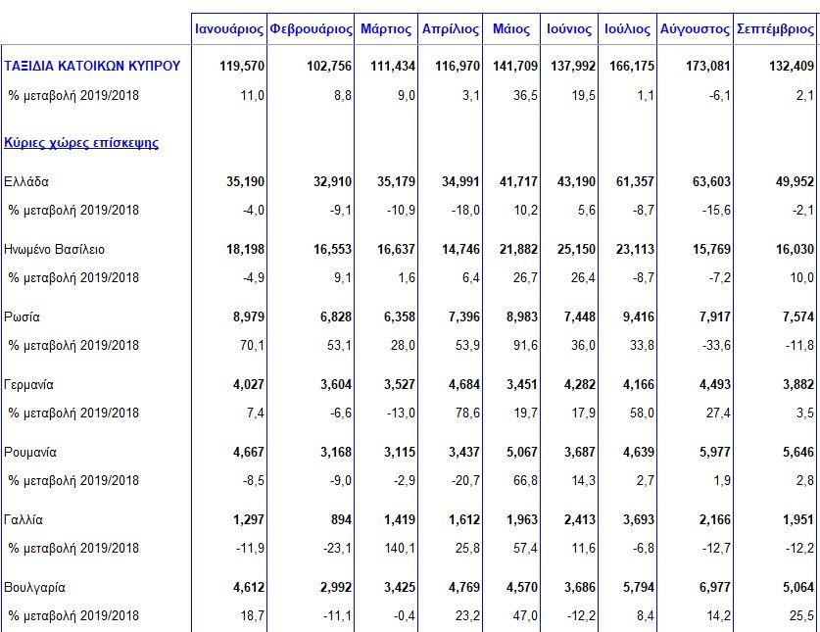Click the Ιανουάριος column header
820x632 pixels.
pos(229,28)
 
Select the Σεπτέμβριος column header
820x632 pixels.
pos(775,28)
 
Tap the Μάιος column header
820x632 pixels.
pos(511,28)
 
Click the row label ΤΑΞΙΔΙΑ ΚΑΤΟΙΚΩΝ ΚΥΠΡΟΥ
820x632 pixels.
pos(92,66)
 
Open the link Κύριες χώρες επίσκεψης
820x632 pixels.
pos(81,143)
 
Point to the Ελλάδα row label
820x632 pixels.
pos(26,181)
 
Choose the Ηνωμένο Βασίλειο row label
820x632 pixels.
pos(55,249)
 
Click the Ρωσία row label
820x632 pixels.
pos(22,316)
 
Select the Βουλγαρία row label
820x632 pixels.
pos(34,588)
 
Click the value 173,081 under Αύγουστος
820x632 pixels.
pos(708,66)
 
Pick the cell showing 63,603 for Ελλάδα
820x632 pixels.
pos(711,181)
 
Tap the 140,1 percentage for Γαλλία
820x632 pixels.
pos(399,548)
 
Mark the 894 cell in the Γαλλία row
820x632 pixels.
pos(341,519)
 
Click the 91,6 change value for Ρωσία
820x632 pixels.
pos(525,345)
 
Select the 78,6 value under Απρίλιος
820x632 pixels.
pos(467,413)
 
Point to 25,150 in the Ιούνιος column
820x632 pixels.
pos(576,249)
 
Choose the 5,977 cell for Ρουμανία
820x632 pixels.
pos(715,452)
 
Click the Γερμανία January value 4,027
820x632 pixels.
pos(249,384)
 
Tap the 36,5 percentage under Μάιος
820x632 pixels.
pos(525,95)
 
